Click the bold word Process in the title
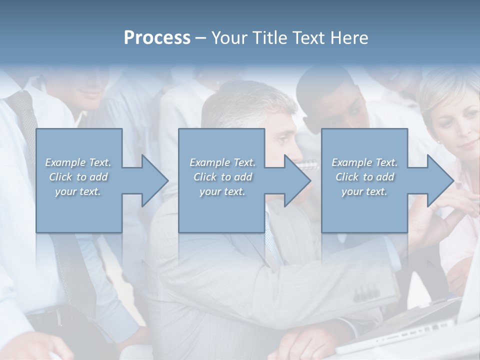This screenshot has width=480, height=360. point(157,38)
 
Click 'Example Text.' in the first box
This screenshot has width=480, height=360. point(78,162)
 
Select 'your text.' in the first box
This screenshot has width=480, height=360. point(78,191)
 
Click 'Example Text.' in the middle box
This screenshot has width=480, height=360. point(222,162)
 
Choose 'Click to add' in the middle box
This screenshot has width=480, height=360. point(222,177)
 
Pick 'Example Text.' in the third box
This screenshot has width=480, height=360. point(364,162)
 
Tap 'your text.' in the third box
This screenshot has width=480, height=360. point(364,191)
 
